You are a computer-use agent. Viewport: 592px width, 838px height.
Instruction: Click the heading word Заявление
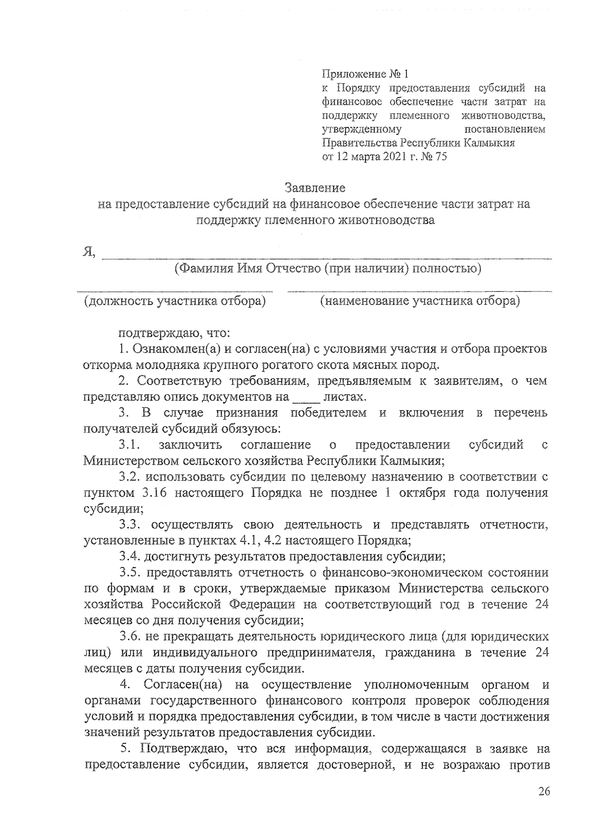[x=315, y=188]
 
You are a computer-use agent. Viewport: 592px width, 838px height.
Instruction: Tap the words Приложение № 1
[x=366, y=75]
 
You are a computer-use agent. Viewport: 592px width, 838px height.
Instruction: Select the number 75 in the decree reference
[x=438, y=158]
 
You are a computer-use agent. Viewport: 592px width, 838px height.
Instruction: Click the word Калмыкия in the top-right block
[x=489, y=144]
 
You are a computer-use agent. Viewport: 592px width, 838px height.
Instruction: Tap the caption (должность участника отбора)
[x=174, y=301]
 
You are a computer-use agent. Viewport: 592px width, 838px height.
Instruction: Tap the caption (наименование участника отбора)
[x=420, y=301]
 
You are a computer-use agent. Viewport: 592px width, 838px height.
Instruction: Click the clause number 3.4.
[x=129, y=557]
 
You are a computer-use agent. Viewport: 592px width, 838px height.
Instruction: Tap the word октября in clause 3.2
[x=430, y=493]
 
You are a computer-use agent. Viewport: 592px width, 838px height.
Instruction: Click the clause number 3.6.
[x=129, y=637]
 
